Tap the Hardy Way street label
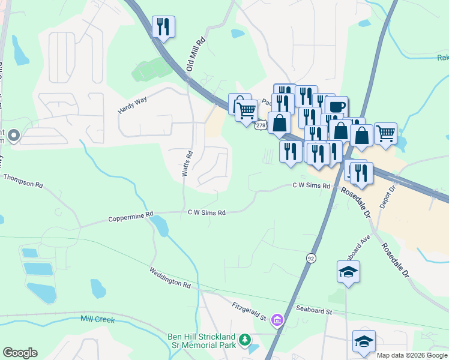pyautogui.click(x=133, y=106)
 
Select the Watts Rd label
pyautogui.click(x=187, y=163)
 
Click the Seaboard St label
pyautogui.click(x=314, y=311)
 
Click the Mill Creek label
pyautogui.click(x=97, y=319)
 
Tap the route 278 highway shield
pyautogui.click(x=261, y=125)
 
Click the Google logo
pyautogui.click(x=20, y=352)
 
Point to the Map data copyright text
pyautogui.click(x=412, y=355)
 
